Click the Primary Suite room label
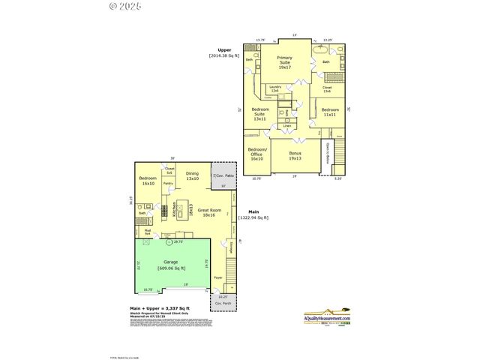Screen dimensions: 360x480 [284, 61]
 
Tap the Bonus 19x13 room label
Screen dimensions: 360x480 [295, 156]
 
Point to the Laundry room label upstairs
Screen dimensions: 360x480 [274, 88]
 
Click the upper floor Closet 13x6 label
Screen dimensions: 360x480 [327, 89]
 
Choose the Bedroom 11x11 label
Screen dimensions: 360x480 [329, 112]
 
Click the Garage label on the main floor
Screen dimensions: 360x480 [172, 265]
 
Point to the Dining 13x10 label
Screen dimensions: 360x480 [192, 175]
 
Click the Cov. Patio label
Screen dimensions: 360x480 [223, 175]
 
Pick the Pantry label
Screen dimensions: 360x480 [168, 183]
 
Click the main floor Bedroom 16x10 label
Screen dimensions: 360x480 [147, 180]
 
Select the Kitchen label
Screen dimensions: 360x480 [175, 210]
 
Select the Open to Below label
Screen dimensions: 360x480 [328, 153]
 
